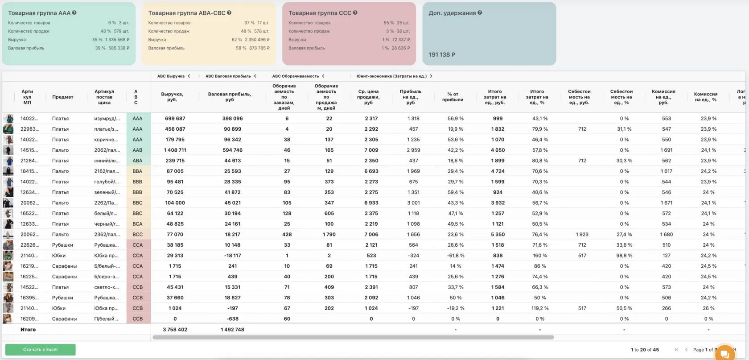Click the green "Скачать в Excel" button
tap(40, 349)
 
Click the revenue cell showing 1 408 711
tap(175, 150)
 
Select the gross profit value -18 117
tap(232, 256)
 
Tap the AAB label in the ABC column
tap(137, 150)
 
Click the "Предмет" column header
tap(62, 97)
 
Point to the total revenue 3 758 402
tap(175, 330)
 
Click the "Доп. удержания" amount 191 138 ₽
tap(442, 55)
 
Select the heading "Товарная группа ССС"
tap(320, 13)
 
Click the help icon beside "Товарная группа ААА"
tap(74, 13)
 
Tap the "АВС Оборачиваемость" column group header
tap(295, 76)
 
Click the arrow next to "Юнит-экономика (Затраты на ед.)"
tap(431, 76)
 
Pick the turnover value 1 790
tap(329, 235)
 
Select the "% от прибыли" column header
tap(453, 97)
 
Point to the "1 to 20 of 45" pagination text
tap(644, 350)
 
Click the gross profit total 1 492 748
tap(232, 330)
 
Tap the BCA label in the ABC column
tap(137, 224)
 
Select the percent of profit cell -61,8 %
tap(455, 256)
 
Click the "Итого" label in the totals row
tap(28, 330)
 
